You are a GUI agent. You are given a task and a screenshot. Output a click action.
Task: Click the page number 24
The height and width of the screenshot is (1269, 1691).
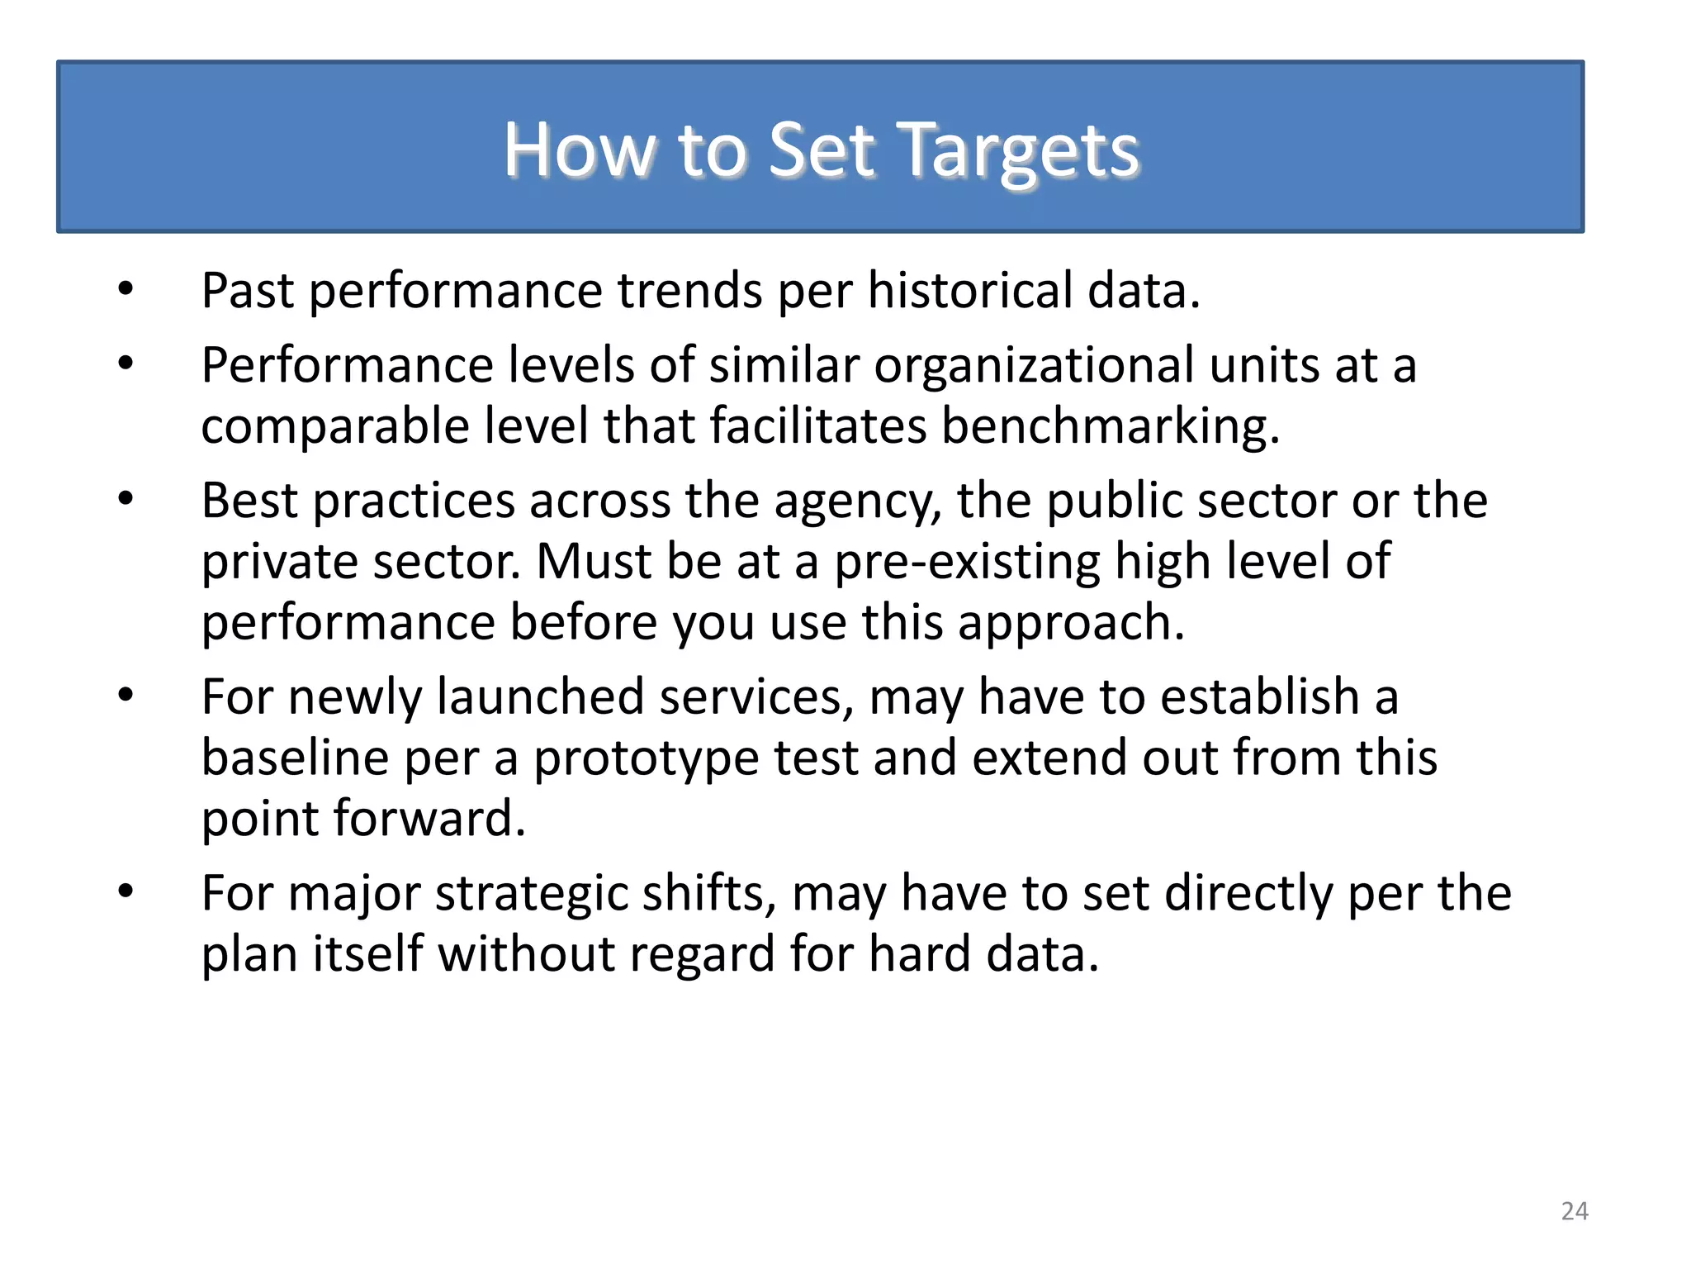coord(1574,1211)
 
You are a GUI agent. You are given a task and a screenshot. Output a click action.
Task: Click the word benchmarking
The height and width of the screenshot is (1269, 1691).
coord(1110,427)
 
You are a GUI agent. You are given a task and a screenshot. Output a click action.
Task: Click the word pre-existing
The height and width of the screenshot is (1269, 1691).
coord(967,563)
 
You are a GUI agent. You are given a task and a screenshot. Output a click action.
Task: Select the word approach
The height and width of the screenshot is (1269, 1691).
coord(1071,623)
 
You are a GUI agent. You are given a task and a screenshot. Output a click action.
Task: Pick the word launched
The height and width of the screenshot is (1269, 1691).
coord(540,696)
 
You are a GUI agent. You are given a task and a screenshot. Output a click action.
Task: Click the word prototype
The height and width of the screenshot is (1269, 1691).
coord(646,759)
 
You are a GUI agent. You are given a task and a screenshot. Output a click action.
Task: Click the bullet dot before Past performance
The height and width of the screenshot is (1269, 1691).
coord(126,289)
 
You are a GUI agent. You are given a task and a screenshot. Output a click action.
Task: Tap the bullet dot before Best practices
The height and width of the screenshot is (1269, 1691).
coord(126,499)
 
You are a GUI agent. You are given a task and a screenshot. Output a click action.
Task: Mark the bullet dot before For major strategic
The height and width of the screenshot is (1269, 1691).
coord(126,891)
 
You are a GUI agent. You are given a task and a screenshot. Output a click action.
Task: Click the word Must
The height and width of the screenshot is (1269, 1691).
coord(594,562)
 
